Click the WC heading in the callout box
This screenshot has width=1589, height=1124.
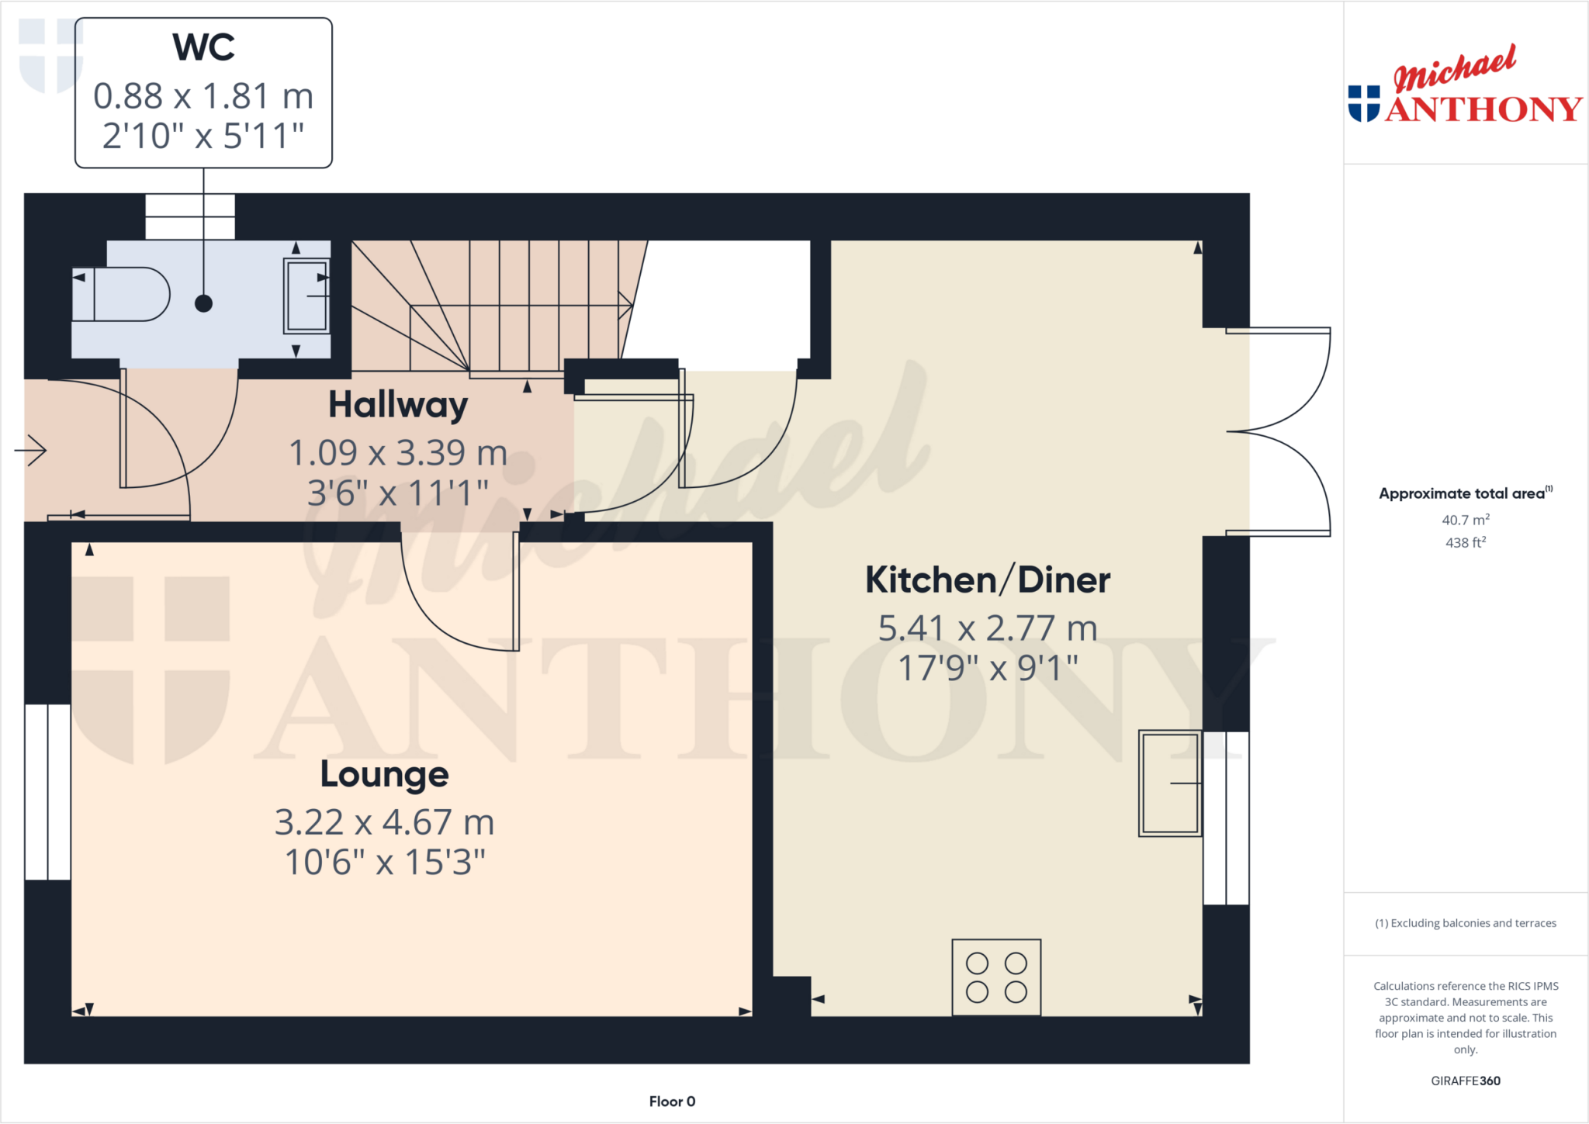(203, 47)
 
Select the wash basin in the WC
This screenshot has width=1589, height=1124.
(307, 296)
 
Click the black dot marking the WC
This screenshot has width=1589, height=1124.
(203, 303)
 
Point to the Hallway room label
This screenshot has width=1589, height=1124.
(398, 405)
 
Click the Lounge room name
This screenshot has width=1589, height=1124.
(385, 774)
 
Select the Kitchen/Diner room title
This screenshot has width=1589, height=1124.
(988, 580)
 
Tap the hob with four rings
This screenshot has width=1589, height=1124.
(996, 977)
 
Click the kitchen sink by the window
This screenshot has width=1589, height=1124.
(1170, 783)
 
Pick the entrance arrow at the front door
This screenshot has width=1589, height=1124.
(31, 450)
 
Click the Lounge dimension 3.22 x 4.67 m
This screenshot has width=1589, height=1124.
(385, 822)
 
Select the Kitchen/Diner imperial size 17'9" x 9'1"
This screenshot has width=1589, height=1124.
(988, 668)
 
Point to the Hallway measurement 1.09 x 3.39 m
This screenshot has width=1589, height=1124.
(398, 453)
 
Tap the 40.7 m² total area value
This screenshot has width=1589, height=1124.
(1466, 520)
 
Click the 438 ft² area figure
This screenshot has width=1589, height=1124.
(1466, 542)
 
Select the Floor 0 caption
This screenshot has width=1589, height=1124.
(672, 1102)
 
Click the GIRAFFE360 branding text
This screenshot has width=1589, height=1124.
(1466, 1081)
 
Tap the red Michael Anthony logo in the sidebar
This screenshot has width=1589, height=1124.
(1465, 85)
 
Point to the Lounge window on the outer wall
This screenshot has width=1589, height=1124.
(47, 792)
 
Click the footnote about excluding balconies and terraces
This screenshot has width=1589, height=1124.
(1466, 923)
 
